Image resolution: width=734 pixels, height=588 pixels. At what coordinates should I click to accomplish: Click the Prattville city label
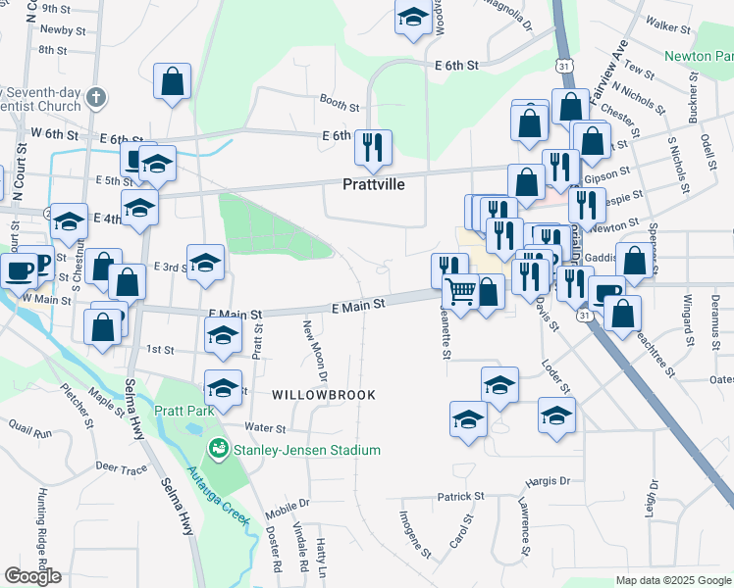tap(374, 183)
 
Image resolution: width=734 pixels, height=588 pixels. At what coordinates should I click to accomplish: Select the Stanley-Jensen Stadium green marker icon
tap(217, 450)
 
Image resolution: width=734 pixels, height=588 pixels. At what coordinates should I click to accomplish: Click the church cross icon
tap(94, 97)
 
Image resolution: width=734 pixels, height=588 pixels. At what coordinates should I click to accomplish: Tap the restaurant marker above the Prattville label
tap(373, 148)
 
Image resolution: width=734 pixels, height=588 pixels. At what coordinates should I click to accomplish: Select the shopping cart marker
tap(460, 291)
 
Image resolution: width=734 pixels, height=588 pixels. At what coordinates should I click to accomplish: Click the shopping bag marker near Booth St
tap(173, 83)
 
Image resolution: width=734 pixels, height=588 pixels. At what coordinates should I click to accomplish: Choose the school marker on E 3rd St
tap(206, 263)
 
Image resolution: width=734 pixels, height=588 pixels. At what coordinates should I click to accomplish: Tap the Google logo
tap(32, 576)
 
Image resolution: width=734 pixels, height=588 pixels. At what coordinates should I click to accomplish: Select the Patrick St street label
tap(461, 497)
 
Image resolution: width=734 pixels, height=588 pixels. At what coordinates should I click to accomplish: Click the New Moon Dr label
tap(315, 350)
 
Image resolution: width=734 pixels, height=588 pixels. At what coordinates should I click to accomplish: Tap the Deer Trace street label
tap(122, 468)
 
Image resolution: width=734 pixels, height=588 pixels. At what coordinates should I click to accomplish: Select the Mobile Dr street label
tap(288, 504)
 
